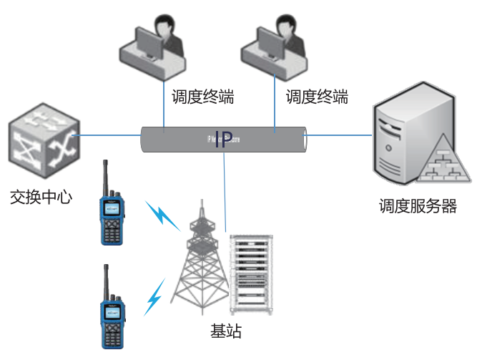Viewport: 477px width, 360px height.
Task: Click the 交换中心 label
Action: [41, 197]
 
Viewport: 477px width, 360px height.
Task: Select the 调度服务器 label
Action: [418, 207]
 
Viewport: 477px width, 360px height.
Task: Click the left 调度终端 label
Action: [203, 96]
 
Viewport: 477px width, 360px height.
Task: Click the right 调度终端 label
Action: [317, 96]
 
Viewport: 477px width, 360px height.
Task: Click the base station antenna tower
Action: [200, 265]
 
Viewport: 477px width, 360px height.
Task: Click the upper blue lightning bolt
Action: [164, 215]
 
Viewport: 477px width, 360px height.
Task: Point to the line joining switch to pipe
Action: [107, 134]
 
